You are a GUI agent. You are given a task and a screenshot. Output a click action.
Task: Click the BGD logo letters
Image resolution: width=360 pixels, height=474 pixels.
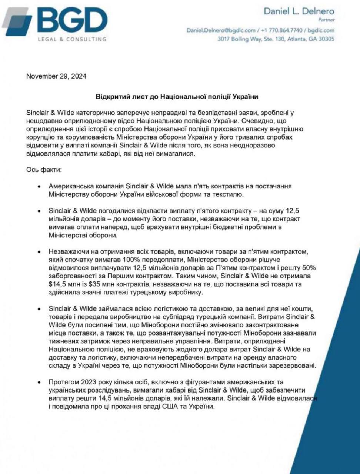coord(72,20)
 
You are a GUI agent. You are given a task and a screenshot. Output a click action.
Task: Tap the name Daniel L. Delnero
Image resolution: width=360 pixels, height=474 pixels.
coord(299,11)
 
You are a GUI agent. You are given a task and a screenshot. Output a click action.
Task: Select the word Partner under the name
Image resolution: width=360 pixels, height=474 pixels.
coord(326,20)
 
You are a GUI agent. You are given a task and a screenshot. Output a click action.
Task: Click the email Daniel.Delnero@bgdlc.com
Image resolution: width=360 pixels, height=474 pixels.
coord(221,30)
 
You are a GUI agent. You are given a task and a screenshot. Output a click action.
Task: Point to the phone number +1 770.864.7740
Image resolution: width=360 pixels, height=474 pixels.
coord(281,30)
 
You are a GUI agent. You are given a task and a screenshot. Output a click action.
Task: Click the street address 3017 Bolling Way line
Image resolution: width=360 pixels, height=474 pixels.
coord(276,39)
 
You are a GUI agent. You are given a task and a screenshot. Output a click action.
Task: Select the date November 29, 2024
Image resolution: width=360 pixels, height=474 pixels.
coord(56,76)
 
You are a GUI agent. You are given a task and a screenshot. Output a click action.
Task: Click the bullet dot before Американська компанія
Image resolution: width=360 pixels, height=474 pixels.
coord(39,186)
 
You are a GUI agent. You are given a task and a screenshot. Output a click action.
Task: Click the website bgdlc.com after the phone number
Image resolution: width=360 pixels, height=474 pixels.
coord(321,30)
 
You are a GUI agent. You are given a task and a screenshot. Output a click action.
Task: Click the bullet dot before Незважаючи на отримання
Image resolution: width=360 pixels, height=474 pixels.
coord(39,252)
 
